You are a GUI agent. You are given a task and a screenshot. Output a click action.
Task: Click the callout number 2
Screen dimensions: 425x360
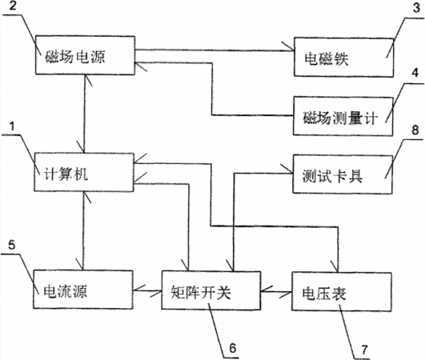[x=13, y=6]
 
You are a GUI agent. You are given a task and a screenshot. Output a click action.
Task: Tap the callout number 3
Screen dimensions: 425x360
[x=416, y=7]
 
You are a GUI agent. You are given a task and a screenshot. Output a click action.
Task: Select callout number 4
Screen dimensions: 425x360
[x=415, y=73]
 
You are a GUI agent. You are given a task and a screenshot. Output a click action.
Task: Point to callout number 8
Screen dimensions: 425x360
[x=415, y=130]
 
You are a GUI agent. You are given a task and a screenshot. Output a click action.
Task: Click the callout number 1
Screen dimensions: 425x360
[x=12, y=126]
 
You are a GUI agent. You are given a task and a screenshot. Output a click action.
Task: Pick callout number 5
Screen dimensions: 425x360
[x=11, y=245]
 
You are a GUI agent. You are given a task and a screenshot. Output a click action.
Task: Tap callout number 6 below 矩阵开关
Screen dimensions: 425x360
[x=233, y=348]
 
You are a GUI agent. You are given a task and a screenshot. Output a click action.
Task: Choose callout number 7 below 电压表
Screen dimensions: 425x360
[x=364, y=350]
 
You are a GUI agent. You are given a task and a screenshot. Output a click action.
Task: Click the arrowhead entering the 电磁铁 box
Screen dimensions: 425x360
[x=288, y=47]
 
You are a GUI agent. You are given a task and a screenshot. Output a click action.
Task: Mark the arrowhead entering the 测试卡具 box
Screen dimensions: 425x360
[x=287, y=170]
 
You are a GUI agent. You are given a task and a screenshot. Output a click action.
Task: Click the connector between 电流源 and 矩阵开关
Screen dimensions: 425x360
[x=147, y=290]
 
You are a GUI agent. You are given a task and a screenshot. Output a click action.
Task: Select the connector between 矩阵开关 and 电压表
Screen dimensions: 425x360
[x=276, y=292]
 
